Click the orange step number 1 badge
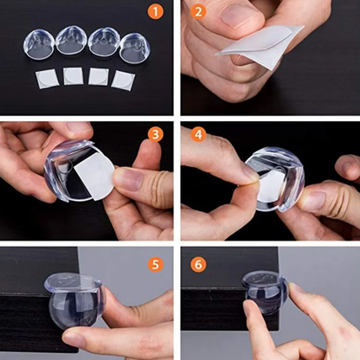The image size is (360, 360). point(156,12)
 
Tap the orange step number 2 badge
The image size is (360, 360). point(198,12)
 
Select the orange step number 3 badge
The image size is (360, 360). point(156,134)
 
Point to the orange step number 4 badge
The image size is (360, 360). point(198,134)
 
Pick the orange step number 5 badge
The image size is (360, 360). point(156,265)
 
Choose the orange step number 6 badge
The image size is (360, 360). point(198,265)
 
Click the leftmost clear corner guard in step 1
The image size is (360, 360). point(39,44)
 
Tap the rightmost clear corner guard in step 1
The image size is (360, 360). point(135,48)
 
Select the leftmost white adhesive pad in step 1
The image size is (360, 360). point(47,79)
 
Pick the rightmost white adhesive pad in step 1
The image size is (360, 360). point(123,80)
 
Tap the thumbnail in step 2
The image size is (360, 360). point(241,16)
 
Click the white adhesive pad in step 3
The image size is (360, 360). point(94,180)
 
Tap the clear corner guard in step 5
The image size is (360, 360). point(75,301)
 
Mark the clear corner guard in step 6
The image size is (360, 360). point(266,292)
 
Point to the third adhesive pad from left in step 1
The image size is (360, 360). point(99,77)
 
